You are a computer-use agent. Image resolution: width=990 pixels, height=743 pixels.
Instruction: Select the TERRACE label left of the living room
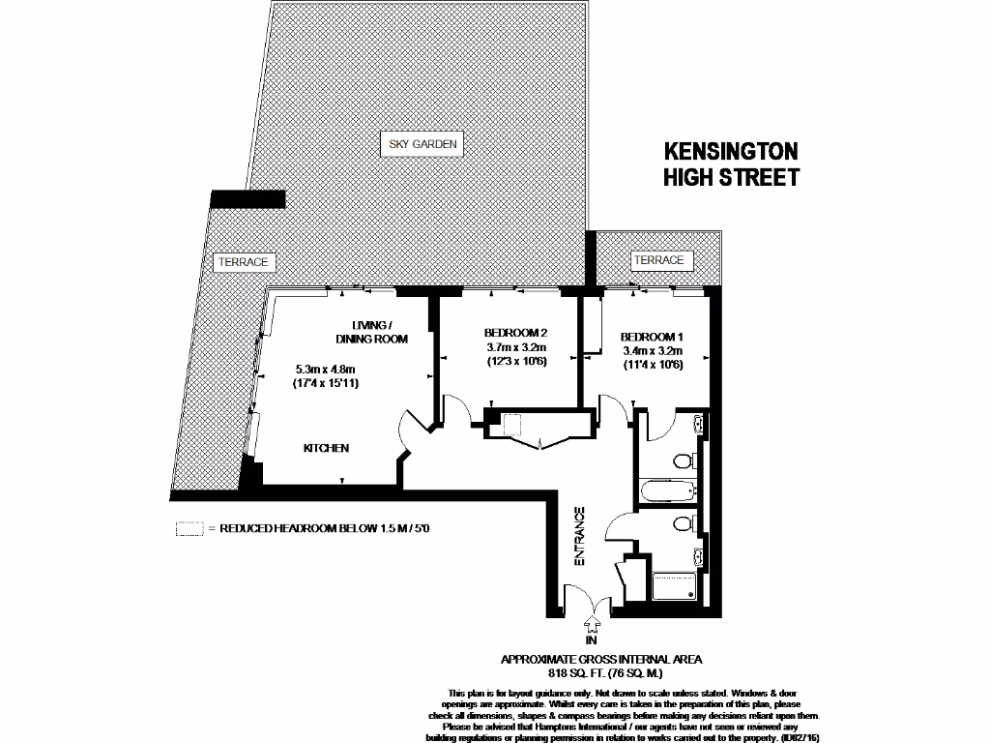(242, 262)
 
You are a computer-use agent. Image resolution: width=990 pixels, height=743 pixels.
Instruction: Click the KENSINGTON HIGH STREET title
(731, 164)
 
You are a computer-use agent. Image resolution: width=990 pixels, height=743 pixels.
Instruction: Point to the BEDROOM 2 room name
(516, 333)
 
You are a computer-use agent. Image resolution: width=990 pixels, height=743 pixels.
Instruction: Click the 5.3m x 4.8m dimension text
(326, 369)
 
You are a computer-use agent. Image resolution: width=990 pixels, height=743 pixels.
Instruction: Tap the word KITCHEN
(326, 449)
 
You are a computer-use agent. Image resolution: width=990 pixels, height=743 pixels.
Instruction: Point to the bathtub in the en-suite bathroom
(666, 491)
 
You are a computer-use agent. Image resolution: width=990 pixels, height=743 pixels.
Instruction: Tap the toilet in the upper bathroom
(684, 460)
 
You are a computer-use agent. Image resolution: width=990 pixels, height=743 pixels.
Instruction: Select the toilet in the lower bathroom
(684, 523)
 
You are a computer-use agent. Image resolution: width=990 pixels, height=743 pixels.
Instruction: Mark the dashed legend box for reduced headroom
(189, 529)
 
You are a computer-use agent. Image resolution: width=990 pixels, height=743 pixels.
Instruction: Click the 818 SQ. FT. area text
(600, 672)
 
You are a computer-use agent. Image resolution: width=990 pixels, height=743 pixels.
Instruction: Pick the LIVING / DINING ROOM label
(371, 332)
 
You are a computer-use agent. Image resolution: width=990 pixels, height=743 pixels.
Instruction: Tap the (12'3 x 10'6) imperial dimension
(516, 363)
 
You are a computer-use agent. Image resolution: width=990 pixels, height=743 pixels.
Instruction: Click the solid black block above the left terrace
(247, 198)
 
